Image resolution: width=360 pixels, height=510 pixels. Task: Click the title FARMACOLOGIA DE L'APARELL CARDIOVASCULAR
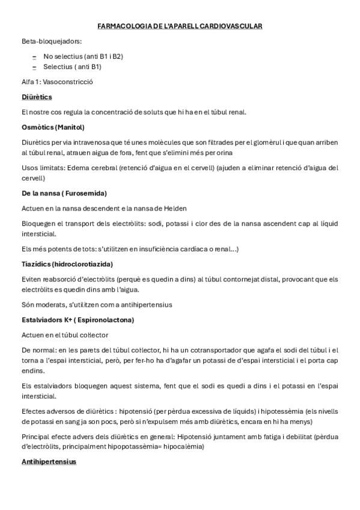coord(180,26)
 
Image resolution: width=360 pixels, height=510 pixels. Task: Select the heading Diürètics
coord(37,97)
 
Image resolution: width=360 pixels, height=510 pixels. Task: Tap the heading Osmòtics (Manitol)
coord(53,127)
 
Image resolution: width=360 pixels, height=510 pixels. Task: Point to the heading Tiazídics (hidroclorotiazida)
coord(67,263)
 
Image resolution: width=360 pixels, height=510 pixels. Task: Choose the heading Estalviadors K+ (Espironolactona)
coord(78,319)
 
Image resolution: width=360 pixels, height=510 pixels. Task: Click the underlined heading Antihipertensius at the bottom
coord(49,461)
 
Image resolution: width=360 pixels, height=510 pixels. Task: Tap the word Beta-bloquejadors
coord(52,41)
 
